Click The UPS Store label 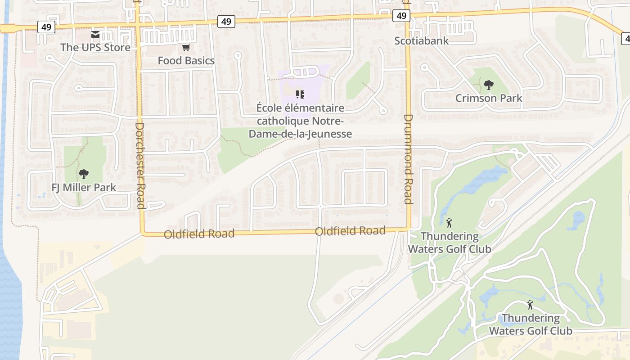pos(95,47)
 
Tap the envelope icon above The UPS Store pos(95,35)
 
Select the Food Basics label pos(186,60)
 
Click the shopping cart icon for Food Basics pos(186,47)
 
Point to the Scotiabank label pos(422,40)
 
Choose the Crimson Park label pos(489,98)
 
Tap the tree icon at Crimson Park pos(488,85)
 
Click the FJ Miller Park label pos(84,187)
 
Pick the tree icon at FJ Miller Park pos(83,174)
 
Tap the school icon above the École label pos(300,94)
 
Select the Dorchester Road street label pos(140,166)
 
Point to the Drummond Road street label pos(408,159)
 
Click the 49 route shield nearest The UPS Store pos(46,27)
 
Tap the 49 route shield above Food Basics pos(226,21)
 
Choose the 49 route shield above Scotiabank pos(401,16)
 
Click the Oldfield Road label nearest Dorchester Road pos(199,234)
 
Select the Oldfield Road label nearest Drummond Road pos(350,231)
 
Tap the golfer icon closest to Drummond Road pos(449,222)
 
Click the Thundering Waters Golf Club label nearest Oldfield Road pos(449,243)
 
